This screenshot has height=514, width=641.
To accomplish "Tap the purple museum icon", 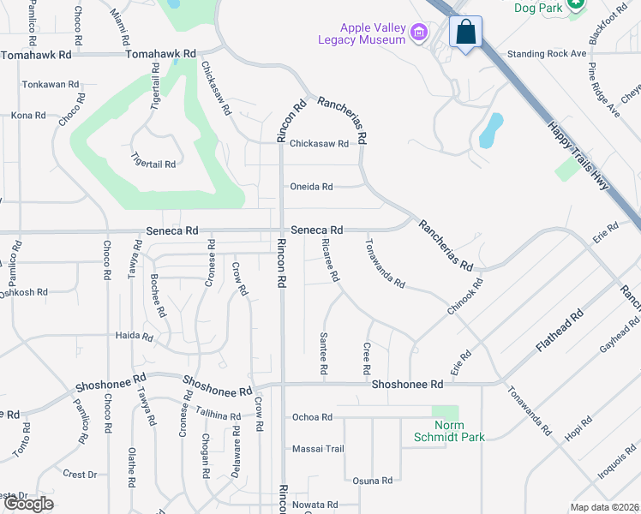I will click(x=419, y=34).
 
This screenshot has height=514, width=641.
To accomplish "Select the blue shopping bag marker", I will click(x=465, y=33).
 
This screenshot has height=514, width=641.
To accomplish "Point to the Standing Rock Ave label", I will click(x=546, y=53).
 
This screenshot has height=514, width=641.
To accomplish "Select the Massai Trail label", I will click(x=318, y=449).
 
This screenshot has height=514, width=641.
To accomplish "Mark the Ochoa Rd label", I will click(x=312, y=417).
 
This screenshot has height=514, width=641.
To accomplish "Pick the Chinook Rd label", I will click(x=464, y=296).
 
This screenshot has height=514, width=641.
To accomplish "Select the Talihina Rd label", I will click(x=219, y=415).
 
